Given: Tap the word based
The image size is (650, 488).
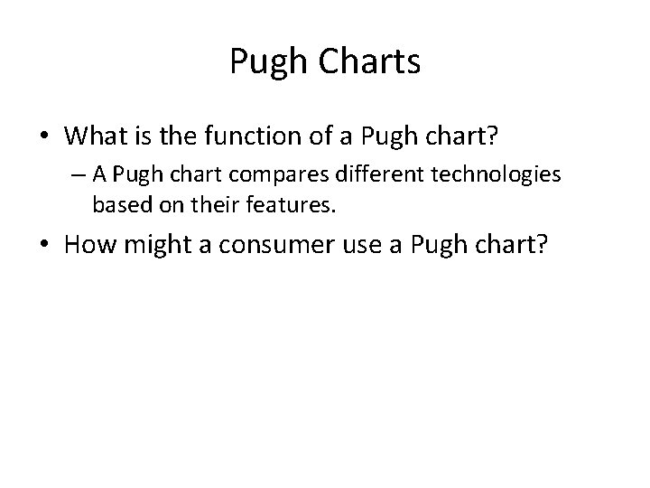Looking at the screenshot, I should [119, 205].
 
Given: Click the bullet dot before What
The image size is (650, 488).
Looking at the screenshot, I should [43, 137].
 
